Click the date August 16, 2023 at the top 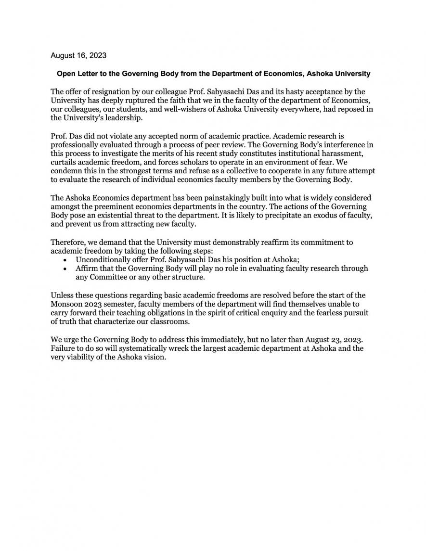[x=78, y=55]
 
